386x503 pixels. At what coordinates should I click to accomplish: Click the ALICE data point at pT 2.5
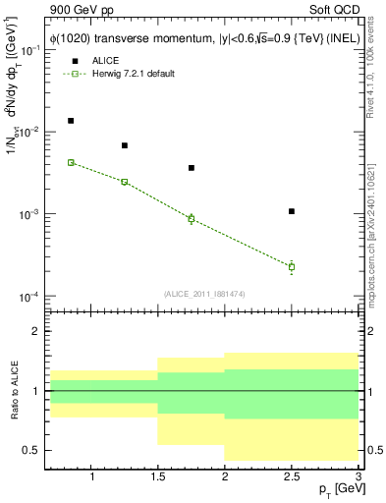point(292,211)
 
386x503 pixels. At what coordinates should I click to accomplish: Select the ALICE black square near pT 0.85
point(71,121)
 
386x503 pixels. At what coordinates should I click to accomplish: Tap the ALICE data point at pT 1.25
point(125,145)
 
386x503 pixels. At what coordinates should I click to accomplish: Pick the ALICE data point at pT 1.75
point(192,168)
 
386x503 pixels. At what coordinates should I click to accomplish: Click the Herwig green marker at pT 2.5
point(292,266)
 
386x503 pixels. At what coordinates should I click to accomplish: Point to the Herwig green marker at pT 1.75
point(192,218)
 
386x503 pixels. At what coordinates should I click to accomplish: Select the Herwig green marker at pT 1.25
point(125,182)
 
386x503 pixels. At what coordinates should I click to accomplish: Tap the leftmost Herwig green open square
point(71,162)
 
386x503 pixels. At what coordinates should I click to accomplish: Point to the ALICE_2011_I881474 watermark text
point(203,294)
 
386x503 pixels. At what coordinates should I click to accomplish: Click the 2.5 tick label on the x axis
point(292,476)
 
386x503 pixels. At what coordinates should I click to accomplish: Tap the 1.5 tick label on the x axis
point(158,476)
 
